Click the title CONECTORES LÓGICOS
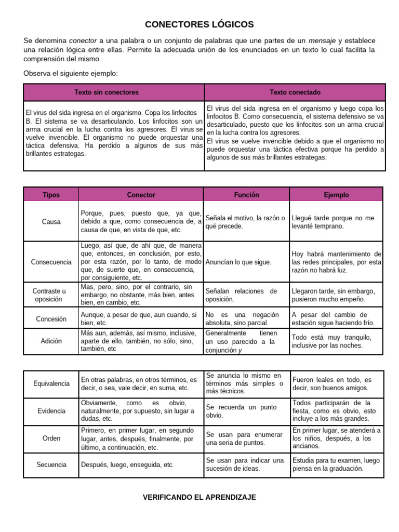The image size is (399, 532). coord(199,24)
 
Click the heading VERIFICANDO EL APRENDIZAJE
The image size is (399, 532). coord(199,497)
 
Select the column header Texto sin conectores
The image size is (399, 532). coord(107,92)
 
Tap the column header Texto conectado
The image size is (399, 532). coord(295,92)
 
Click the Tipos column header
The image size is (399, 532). coord(51,195)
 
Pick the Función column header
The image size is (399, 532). coord(246,195)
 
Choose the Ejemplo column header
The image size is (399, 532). coord(336,195)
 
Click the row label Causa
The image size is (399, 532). coord(51,221)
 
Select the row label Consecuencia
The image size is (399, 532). coord(51,262)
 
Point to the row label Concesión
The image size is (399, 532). coord(51,319)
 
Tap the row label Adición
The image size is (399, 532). coord(51,341)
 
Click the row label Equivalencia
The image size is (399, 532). coord(51,383)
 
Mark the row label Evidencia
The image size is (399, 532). coord(51,410)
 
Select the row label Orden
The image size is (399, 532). coord(51,438)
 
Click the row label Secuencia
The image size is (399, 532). coord(51,465)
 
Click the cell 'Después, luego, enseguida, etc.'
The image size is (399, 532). coord(127,465)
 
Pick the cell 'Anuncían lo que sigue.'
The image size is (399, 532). coord(238,262)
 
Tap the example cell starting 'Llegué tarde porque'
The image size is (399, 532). coord(332,222)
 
